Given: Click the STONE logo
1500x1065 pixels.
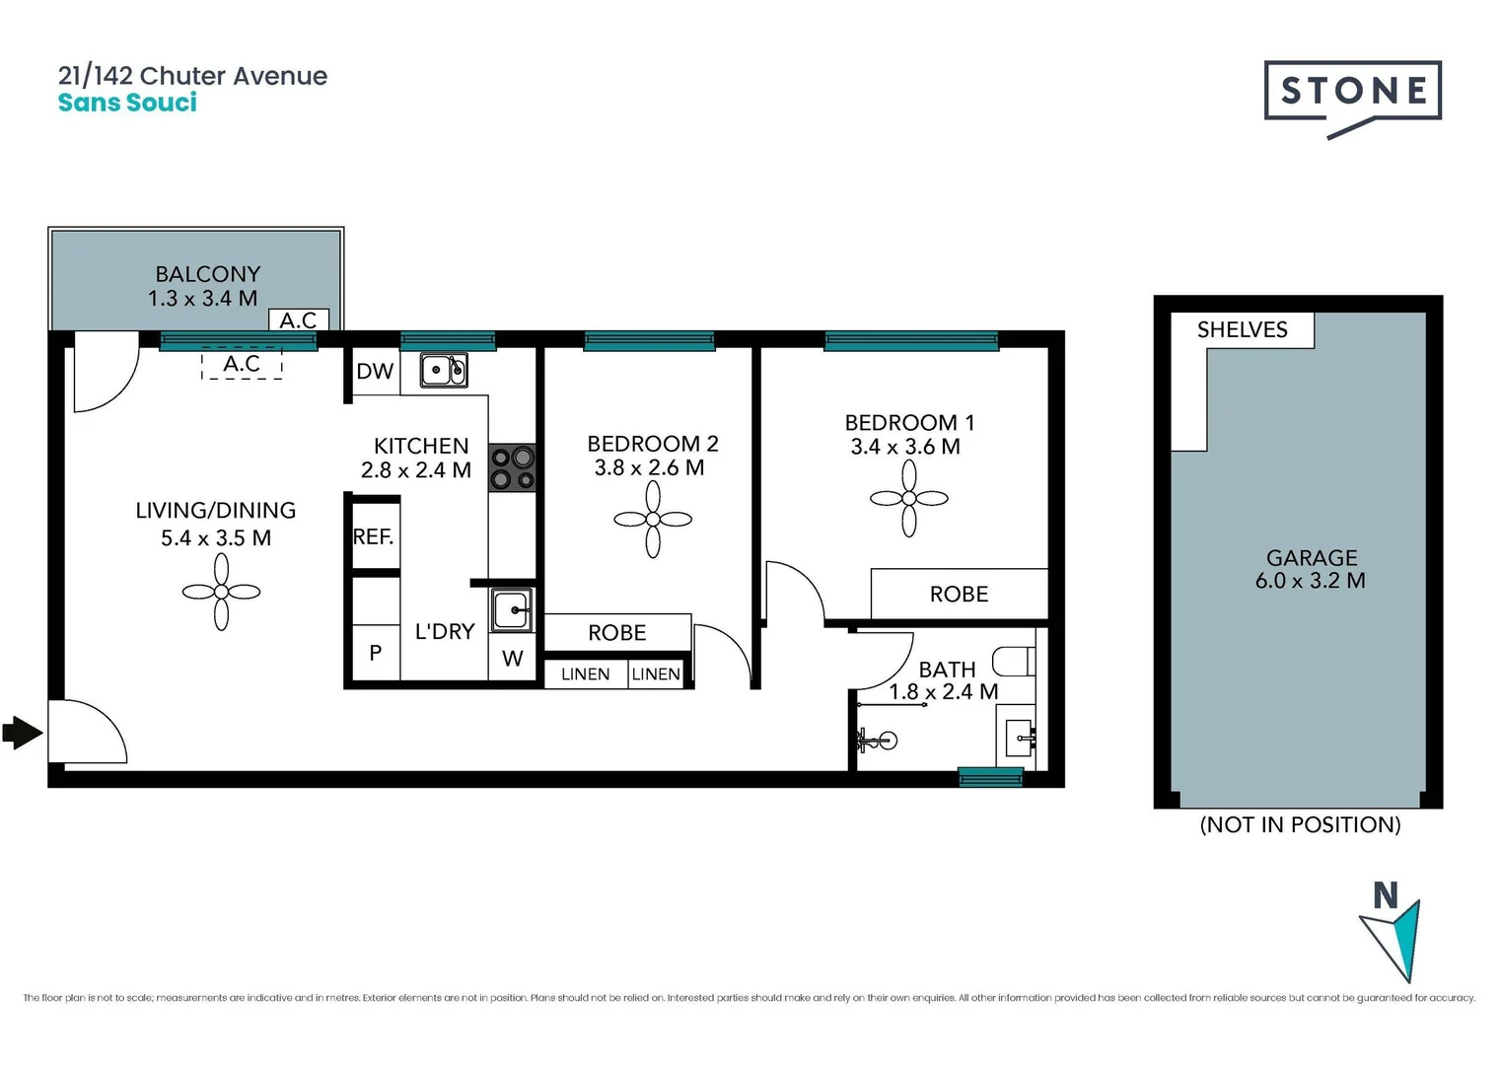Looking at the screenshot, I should (1352, 92).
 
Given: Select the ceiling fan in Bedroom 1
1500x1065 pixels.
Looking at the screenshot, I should (908, 499).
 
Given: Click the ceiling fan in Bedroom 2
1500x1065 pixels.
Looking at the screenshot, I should (653, 519).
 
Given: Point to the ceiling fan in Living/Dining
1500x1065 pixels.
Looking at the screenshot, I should (221, 592).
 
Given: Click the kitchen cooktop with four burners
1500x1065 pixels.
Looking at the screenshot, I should (513, 468).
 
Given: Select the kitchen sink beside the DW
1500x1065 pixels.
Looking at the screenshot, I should (444, 370).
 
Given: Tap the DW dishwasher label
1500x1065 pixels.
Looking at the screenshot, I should (375, 372).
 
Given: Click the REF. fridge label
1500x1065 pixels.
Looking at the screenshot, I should (373, 537).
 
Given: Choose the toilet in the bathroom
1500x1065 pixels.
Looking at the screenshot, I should (1014, 660).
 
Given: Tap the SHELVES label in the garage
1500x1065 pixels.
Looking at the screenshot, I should (1242, 330).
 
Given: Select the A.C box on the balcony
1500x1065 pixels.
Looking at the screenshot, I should (298, 320).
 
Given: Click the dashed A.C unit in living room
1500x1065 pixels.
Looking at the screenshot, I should (242, 364).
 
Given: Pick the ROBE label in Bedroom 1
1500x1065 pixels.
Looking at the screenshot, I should (959, 594).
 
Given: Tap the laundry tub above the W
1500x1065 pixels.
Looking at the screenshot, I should (512, 610).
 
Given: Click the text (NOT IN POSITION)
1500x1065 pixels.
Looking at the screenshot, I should (1300, 824).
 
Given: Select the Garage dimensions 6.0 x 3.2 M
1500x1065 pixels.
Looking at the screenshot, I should (1310, 581).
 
